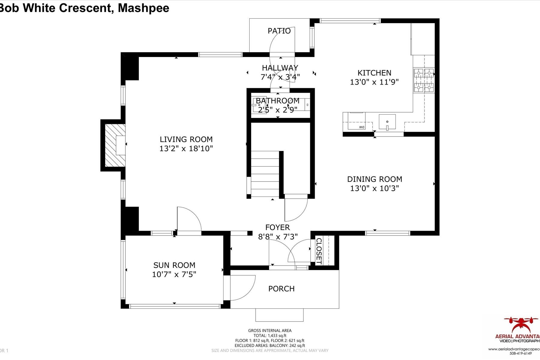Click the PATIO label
click(279, 31)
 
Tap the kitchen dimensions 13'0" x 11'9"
click(374, 82)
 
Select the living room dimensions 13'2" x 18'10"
click(186, 148)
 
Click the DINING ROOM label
click(374, 179)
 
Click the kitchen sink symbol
click(387, 122)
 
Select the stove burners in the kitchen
click(424, 80)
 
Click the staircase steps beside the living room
click(265, 174)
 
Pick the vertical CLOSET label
click(319, 251)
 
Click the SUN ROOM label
click(174, 265)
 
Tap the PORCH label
click(281, 289)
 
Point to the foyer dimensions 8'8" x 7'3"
click(278, 237)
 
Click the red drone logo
click(520, 325)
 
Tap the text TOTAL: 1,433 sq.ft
click(270, 336)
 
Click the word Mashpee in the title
click(143, 8)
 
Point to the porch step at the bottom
click(279, 315)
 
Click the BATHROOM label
click(277, 100)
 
